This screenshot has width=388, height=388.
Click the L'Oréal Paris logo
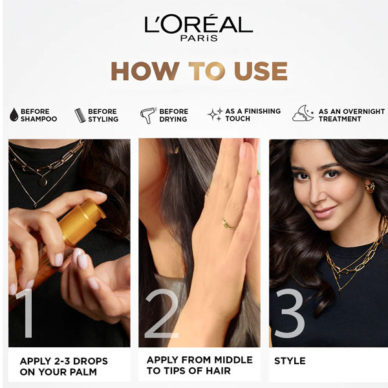tap(199, 28)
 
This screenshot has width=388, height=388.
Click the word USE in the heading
tap(261, 71)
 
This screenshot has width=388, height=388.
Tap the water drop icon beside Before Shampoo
tap(14, 115)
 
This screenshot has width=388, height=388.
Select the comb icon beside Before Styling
tap(80, 115)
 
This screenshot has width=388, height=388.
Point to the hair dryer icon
tap(148, 115)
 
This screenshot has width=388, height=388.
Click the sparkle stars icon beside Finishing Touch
tap(215, 114)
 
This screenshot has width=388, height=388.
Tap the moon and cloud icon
tap(303, 114)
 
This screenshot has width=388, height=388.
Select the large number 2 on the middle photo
tap(162, 313)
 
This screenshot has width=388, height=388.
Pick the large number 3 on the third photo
tap(290, 313)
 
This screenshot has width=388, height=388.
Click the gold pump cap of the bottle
tap(81, 221)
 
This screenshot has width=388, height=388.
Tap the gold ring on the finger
tap(229, 224)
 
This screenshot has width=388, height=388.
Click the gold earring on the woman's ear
tap(370, 187)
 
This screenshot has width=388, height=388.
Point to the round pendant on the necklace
tap(43, 182)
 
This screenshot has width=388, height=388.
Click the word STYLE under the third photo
tap(290, 361)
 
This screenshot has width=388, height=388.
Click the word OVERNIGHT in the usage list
tap(364, 112)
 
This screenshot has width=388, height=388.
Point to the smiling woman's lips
tap(325, 212)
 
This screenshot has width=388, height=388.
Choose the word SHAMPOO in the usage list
tap(39, 119)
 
